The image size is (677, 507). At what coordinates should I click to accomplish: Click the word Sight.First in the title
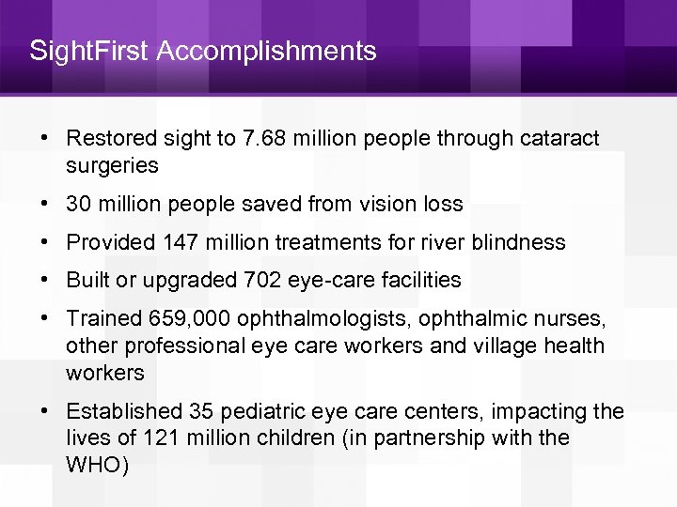pyautogui.click(x=89, y=50)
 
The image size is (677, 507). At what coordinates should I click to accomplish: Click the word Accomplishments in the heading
pyautogui.click(x=266, y=51)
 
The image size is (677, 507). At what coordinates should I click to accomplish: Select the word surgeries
pyautogui.click(x=112, y=166)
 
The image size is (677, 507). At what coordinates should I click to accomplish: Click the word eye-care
pyautogui.click(x=320, y=280)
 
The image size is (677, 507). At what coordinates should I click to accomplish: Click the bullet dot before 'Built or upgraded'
pyautogui.click(x=44, y=280)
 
